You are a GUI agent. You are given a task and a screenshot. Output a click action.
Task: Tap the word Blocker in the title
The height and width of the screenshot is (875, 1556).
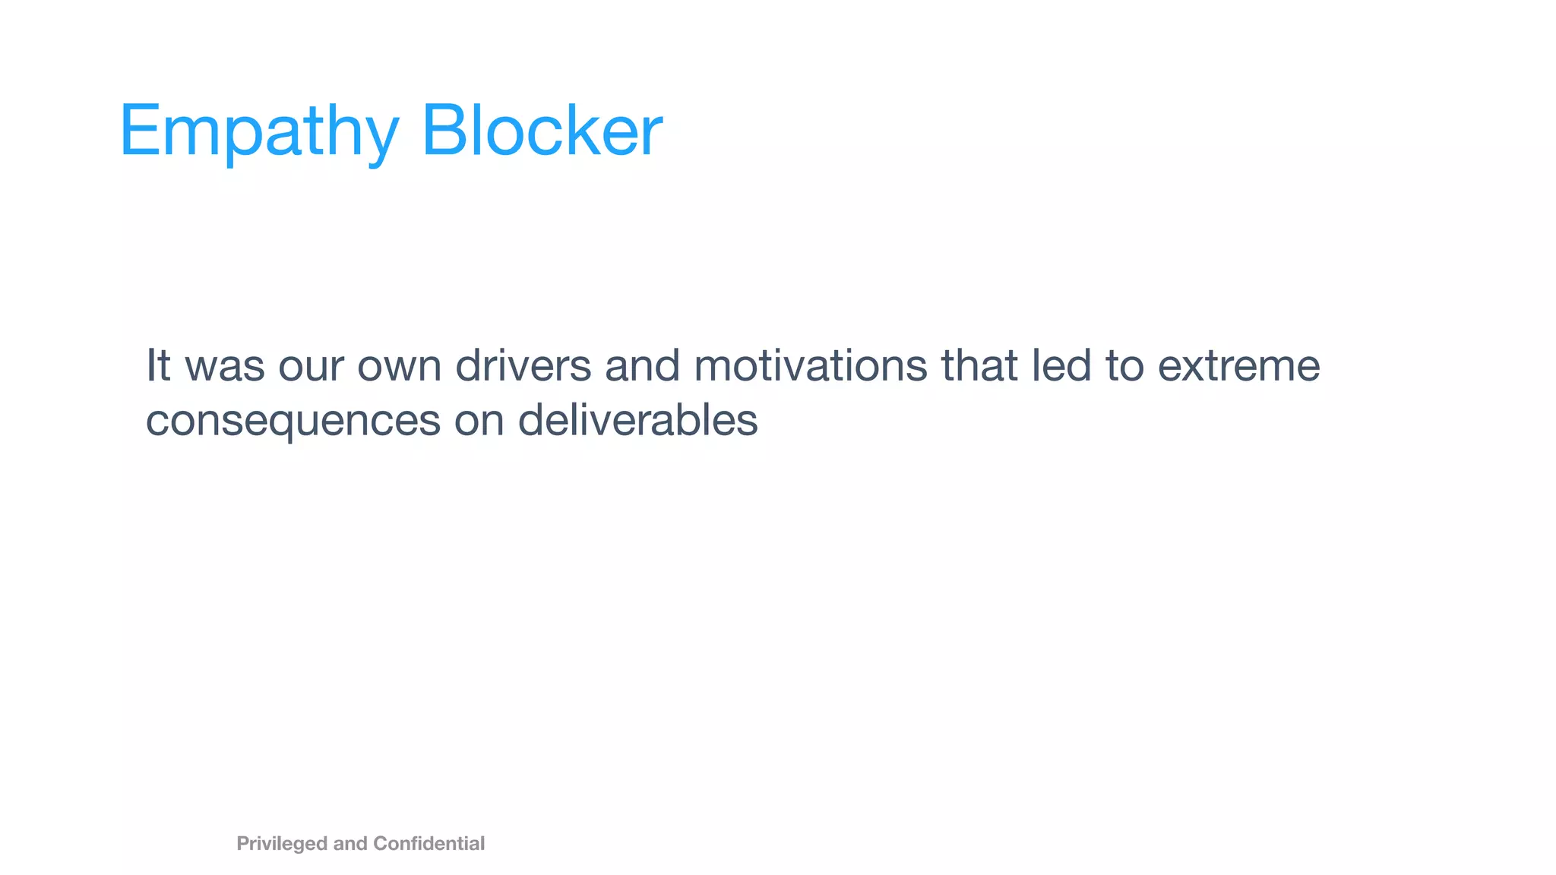point(542,131)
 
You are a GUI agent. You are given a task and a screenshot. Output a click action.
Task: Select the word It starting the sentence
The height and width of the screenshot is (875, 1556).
point(158,365)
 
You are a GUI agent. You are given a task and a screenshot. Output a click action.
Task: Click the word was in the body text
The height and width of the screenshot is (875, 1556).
point(225,365)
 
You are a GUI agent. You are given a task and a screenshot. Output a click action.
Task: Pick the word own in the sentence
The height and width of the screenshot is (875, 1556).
point(399,365)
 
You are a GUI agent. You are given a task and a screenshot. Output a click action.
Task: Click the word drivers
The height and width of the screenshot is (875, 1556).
point(523,365)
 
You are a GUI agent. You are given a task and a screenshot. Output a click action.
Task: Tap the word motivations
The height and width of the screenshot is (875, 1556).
point(810,365)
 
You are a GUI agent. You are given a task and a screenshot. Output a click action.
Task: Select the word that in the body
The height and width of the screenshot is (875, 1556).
point(979,365)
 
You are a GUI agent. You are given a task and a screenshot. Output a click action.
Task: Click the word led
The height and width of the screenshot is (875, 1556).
point(1061,365)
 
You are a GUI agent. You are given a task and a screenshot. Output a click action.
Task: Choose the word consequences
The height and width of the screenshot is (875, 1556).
point(293,420)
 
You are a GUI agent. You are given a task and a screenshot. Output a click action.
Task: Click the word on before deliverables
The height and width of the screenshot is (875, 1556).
point(479,420)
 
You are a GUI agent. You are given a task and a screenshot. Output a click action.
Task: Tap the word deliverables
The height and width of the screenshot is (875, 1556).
point(637,420)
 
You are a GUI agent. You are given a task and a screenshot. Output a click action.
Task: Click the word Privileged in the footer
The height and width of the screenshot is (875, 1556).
point(282,844)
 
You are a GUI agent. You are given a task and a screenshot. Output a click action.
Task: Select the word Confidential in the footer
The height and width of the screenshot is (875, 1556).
point(429,844)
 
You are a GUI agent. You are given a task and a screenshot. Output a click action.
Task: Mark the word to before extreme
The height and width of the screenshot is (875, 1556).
point(1124,365)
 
